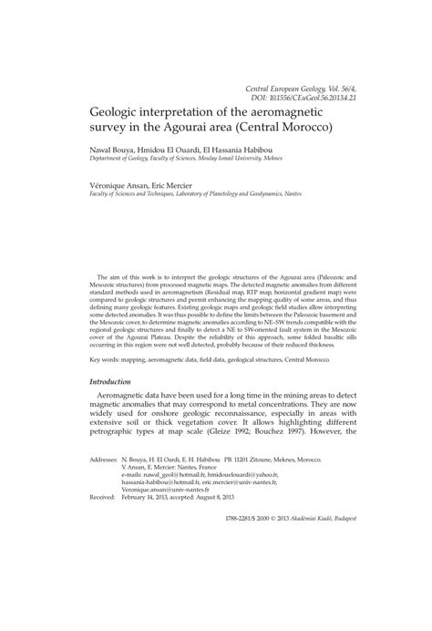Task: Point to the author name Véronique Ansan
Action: pyautogui.click(x=119, y=183)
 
